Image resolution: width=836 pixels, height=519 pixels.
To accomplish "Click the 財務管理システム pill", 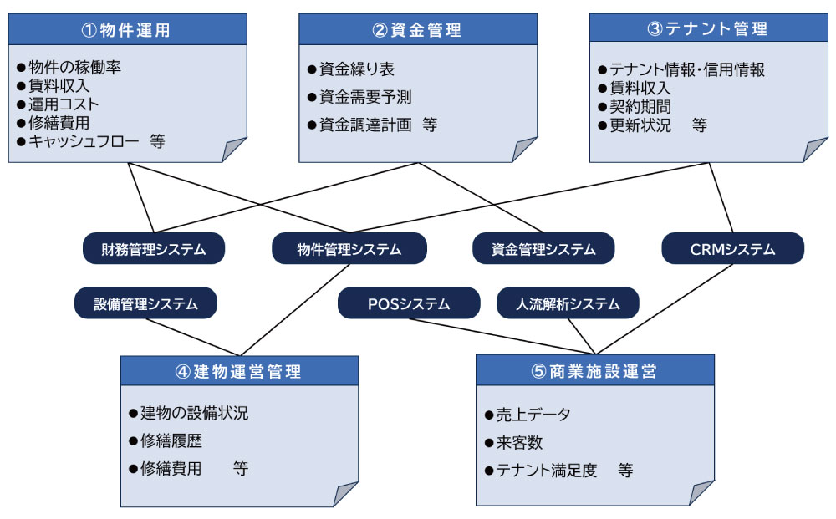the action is [x=154, y=248].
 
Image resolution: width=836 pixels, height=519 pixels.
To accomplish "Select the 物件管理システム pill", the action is [x=349, y=248].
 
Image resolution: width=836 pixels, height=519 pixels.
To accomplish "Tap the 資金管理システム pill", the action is [x=543, y=248].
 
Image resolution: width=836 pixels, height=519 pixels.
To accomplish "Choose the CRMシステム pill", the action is [x=732, y=248].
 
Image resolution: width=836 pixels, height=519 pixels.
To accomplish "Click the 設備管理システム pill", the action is [x=145, y=303].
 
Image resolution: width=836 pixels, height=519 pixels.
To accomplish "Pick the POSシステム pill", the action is [x=409, y=303].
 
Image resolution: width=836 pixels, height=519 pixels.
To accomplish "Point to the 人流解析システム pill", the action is [x=568, y=303].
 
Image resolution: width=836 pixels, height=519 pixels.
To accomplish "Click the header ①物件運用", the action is [x=127, y=29].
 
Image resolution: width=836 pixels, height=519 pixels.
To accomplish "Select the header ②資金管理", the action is [x=418, y=29].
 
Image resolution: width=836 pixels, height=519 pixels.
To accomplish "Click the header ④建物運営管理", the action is [x=239, y=371].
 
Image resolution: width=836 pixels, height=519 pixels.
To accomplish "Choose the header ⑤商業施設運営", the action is [x=595, y=370].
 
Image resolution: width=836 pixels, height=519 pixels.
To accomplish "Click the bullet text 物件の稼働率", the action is [x=74, y=67].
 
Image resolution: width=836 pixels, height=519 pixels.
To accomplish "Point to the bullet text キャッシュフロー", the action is [x=84, y=141].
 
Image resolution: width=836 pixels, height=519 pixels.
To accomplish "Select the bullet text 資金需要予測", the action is [x=365, y=97].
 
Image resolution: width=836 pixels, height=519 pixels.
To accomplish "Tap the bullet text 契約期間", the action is [x=640, y=107].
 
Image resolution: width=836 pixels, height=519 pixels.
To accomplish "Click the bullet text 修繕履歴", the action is [x=171, y=440].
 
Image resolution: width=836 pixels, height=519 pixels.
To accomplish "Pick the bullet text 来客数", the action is [x=519, y=442].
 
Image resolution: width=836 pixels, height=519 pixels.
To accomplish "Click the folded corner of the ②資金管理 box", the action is [x=524, y=150].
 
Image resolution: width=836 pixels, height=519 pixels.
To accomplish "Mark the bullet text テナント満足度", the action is [x=547, y=471].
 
